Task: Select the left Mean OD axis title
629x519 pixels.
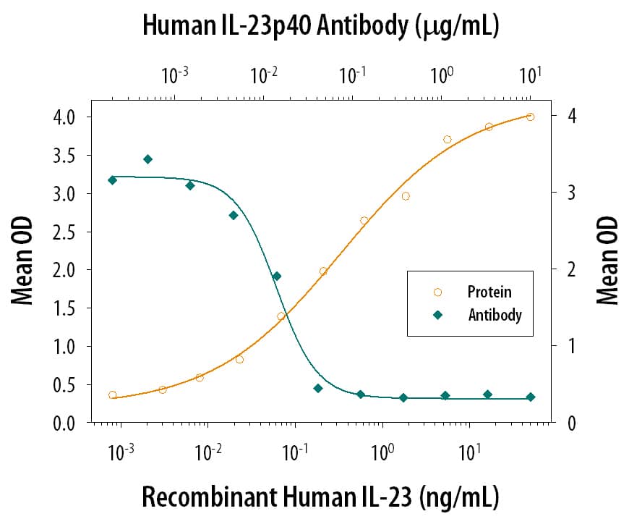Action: click(x=23, y=269)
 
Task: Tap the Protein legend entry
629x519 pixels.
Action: click(x=489, y=292)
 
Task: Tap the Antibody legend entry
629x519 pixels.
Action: click(x=495, y=315)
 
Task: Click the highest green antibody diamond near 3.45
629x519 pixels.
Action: click(x=147, y=159)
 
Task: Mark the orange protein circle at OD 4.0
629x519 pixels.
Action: click(x=530, y=117)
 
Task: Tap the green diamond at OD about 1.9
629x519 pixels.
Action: click(x=276, y=276)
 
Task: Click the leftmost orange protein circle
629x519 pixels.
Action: click(x=112, y=394)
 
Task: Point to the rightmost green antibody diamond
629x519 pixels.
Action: click(x=530, y=397)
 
